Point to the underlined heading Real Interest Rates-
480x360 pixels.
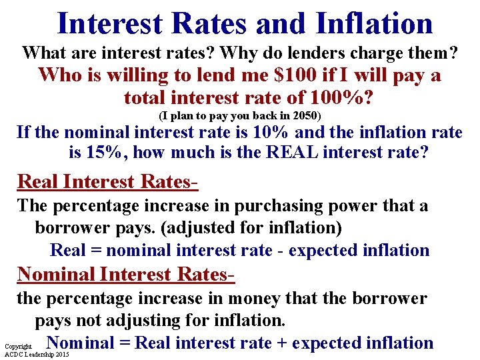coord(108,181)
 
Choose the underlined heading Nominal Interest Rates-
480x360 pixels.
coord(126,273)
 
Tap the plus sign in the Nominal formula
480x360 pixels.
coord(283,343)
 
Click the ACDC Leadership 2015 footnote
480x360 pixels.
coord(36,355)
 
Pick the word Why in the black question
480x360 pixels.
coord(239,51)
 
